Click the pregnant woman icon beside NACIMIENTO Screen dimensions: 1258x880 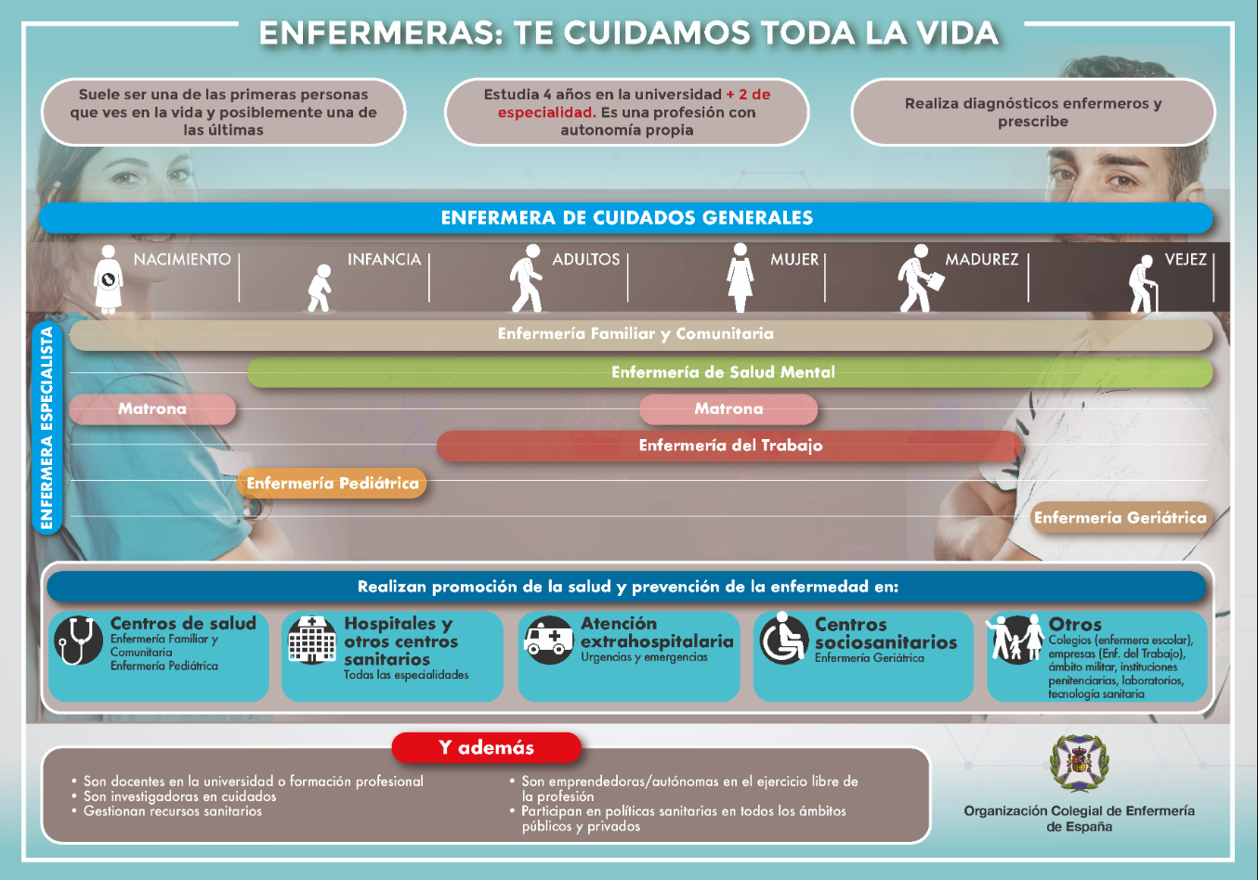109,278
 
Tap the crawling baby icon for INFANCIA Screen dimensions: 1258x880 320,288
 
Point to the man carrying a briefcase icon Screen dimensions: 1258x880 920,278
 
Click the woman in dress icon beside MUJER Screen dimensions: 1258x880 740,278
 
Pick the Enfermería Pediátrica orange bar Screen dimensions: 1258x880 332,483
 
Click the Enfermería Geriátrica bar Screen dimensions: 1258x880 1121,517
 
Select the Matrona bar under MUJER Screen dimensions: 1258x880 728,408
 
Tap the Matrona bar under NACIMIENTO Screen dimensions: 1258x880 152,408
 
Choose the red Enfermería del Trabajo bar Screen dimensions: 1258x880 729,446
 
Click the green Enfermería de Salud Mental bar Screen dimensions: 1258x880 729,372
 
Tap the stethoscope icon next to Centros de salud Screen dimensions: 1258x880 79,641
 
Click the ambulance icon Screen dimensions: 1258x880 548,641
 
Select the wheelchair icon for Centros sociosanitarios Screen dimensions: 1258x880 784,639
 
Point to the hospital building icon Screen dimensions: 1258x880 312,641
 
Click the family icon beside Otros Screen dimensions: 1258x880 1016,639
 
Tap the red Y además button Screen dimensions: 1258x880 486,747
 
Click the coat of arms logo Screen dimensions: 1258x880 1079,763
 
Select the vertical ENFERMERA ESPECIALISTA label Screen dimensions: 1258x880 47,428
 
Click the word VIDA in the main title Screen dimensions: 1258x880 958,33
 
